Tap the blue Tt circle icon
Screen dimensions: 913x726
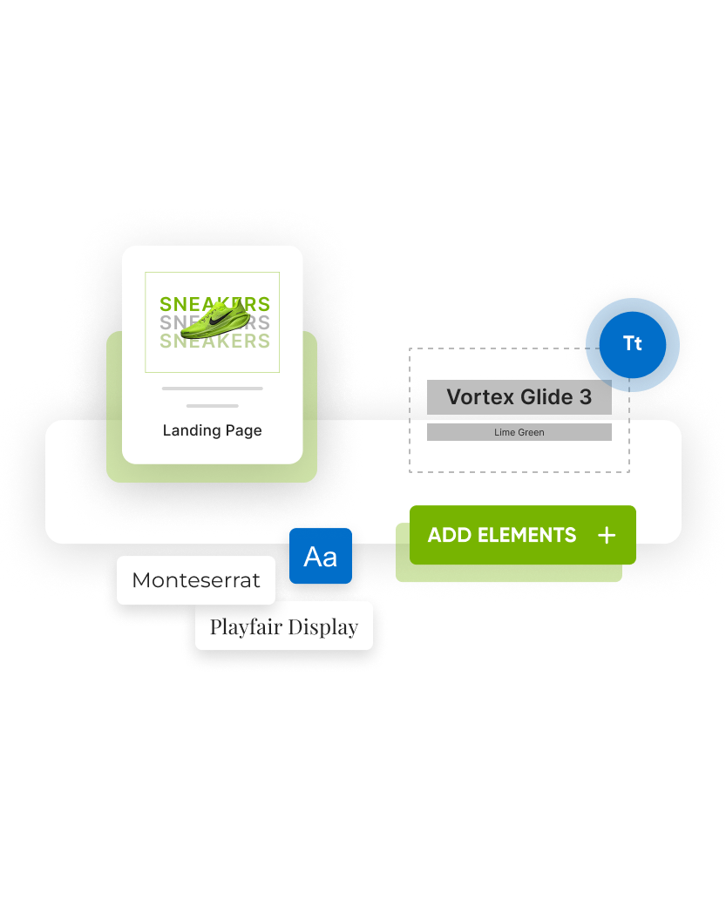633,344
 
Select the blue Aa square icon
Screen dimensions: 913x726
321,557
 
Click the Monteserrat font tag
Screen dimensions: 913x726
196,580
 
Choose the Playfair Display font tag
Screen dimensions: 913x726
284,626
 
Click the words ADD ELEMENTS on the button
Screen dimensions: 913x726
502,535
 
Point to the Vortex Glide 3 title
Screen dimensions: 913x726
519,397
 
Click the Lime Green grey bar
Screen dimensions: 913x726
519,432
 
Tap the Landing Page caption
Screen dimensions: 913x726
212,430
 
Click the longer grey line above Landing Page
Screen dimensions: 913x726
212,388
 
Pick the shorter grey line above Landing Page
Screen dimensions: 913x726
212,405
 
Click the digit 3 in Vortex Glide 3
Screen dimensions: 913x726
585,397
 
